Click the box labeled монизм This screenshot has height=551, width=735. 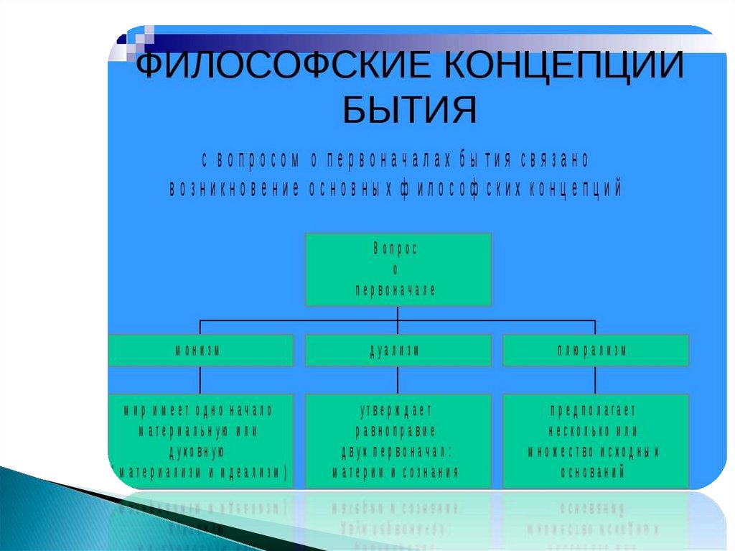[200, 351]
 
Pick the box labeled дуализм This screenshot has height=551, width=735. [398, 351]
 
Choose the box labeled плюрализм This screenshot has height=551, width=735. [596, 351]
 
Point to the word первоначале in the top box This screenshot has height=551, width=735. [395, 290]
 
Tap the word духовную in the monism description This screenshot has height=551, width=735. [197, 452]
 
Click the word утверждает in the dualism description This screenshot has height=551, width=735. [395, 411]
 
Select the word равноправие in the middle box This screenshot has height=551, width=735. [395, 431]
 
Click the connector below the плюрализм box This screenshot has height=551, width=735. [596, 379]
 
